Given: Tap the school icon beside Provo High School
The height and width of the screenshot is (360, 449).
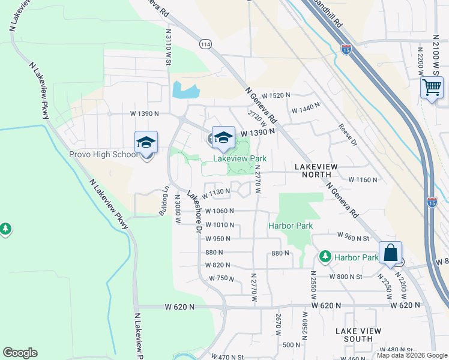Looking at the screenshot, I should (146, 143).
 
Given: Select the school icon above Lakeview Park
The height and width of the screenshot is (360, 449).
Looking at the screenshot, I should (223, 137).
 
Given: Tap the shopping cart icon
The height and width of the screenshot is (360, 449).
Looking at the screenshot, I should (432, 88).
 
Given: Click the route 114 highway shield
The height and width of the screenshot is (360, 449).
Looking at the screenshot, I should (206, 44).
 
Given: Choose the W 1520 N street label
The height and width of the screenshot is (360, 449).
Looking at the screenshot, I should (274, 95).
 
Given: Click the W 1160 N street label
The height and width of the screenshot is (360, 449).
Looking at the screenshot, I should (363, 179).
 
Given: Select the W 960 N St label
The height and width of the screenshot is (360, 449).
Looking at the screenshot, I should (354, 236).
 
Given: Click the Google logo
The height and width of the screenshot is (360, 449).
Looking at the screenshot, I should (20, 353).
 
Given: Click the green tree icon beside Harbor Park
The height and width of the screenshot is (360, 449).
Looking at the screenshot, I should (325, 257).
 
